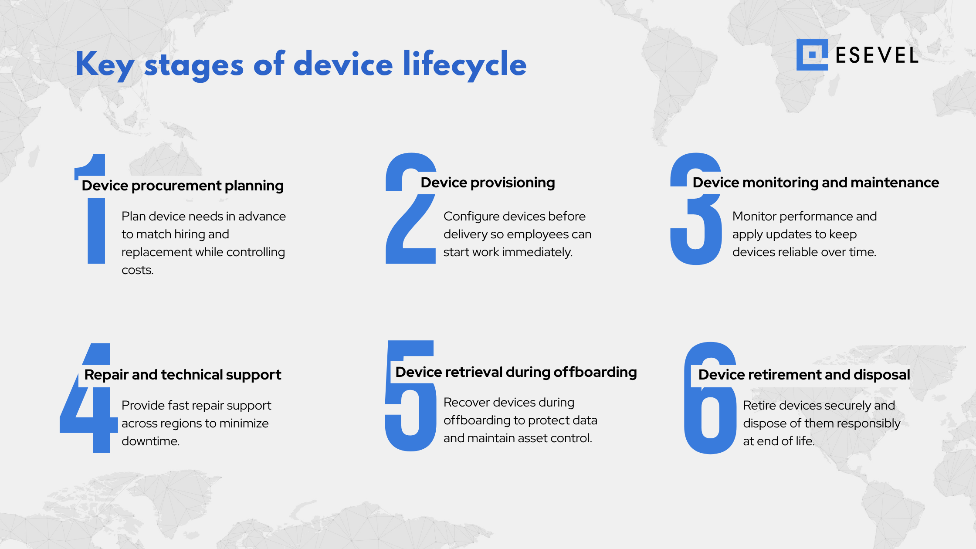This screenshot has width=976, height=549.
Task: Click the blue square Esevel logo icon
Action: tap(812, 55)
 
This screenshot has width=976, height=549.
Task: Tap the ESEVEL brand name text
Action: tap(877, 55)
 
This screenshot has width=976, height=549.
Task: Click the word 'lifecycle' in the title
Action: tap(464, 64)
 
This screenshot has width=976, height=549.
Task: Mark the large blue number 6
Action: tap(710, 418)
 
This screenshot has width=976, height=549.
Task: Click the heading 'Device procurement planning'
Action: tap(183, 186)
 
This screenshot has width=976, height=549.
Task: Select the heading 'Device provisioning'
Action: tap(488, 183)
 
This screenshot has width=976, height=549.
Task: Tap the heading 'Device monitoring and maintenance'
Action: tap(816, 183)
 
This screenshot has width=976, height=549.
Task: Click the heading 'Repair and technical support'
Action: tap(183, 375)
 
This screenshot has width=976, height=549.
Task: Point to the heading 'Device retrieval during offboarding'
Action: tap(516, 372)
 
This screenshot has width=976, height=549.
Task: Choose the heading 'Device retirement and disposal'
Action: tap(804, 375)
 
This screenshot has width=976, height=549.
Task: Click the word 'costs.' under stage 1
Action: tap(138, 270)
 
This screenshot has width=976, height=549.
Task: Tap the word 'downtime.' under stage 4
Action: tap(150, 441)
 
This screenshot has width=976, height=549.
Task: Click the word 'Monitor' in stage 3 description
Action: tap(755, 217)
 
